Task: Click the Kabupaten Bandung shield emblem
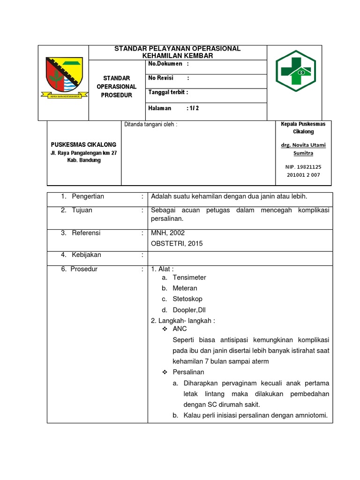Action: (x=63, y=78)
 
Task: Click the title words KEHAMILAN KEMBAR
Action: (x=177, y=56)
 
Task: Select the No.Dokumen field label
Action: (x=165, y=63)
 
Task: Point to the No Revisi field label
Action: (x=162, y=78)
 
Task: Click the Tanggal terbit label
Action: (x=168, y=92)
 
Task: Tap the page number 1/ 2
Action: (x=193, y=108)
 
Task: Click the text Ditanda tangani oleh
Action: (x=150, y=125)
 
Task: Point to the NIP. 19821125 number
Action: (x=303, y=167)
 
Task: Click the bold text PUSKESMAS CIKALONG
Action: (x=83, y=144)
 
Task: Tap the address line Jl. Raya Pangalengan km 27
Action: (x=83, y=153)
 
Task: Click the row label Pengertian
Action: (x=88, y=196)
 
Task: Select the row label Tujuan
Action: (x=82, y=210)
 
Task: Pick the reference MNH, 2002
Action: (x=168, y=233)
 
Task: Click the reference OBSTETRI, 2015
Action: (x=177, y=243)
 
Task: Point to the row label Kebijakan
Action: (x=86, y=255)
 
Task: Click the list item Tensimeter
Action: (x=189, y=277)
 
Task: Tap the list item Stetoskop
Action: (x=187, y=299)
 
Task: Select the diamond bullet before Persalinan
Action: (x=165, y=372)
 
